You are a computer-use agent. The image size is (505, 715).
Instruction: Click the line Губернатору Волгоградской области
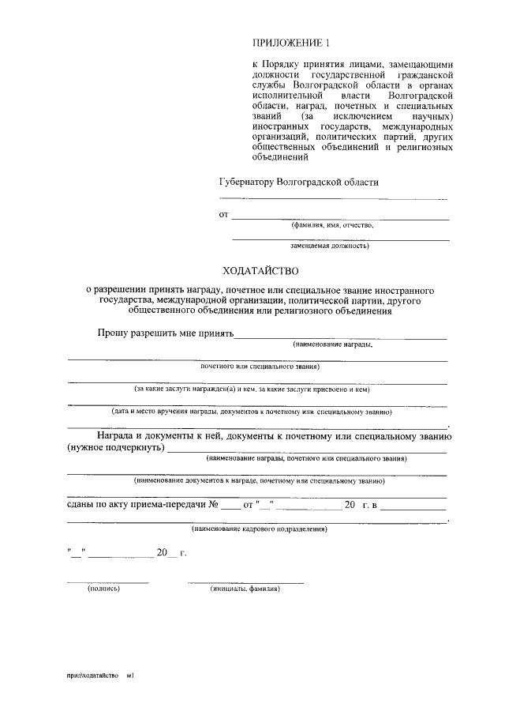[298, 182]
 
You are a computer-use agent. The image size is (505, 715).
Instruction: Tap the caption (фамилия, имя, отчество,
[332, 225]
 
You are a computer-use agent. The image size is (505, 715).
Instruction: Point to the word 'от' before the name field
[223, 214]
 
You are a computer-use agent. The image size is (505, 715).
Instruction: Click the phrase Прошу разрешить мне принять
[166, 334]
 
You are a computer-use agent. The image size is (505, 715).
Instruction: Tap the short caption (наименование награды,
[332, 345]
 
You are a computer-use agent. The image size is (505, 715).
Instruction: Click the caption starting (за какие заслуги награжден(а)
[252, 389]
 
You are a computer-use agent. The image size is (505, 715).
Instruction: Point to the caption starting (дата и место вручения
[251, 412]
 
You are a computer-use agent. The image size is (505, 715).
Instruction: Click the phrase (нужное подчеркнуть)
[115, 448]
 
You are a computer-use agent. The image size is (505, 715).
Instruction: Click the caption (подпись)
[103, 589]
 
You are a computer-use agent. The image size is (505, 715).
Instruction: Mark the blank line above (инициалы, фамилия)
[245, 581]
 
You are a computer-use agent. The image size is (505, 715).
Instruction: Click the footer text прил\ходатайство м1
[102, 675]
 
